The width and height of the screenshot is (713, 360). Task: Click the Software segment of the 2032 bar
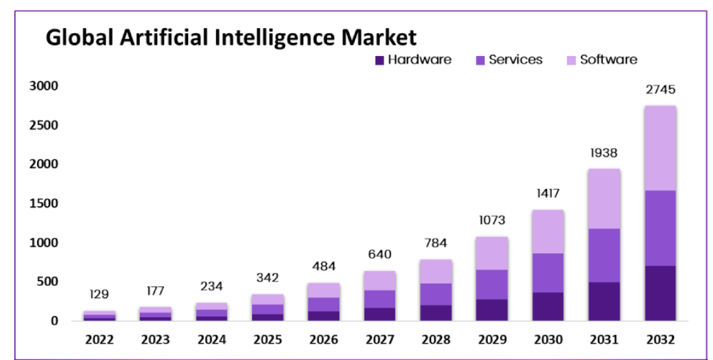(660, 148)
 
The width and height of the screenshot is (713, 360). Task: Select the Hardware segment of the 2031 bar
(604, 301)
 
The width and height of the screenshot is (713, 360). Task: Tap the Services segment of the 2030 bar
(548, 273)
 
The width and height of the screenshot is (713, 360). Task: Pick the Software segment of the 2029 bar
(492, 253)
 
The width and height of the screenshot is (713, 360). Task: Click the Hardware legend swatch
(380, 60)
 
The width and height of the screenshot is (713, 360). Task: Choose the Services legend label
(515, 60)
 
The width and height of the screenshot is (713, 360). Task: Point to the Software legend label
(608, 60)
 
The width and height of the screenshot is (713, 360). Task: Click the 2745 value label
(660, 90)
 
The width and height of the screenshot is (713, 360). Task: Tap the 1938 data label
(604, 153)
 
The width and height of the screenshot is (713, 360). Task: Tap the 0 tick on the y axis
(55, 321)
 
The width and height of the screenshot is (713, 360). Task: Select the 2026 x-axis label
(324, 340)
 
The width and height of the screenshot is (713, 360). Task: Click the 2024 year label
(211, 340)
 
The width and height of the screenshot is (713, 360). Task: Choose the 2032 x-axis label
(660, 340)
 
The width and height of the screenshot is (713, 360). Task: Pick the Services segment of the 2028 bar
(436, 294)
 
